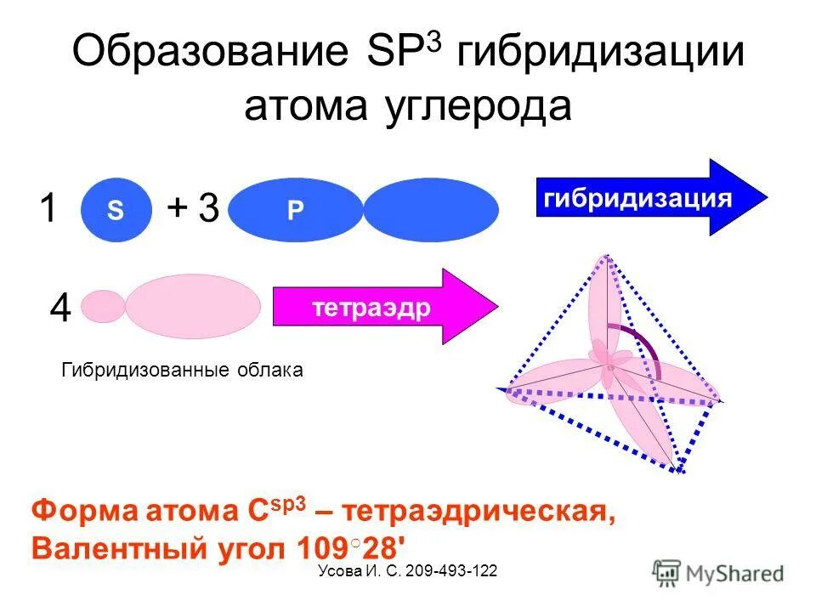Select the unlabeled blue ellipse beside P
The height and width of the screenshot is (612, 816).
[431, 211]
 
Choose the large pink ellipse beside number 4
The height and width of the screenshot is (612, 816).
[193, 306]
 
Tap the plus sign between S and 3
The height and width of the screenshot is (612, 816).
[177, 207]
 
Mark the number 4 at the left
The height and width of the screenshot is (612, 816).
[59, 309]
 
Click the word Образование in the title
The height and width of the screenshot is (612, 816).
[209, 53]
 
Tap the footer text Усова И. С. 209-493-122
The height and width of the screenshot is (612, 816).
[407, 572]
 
